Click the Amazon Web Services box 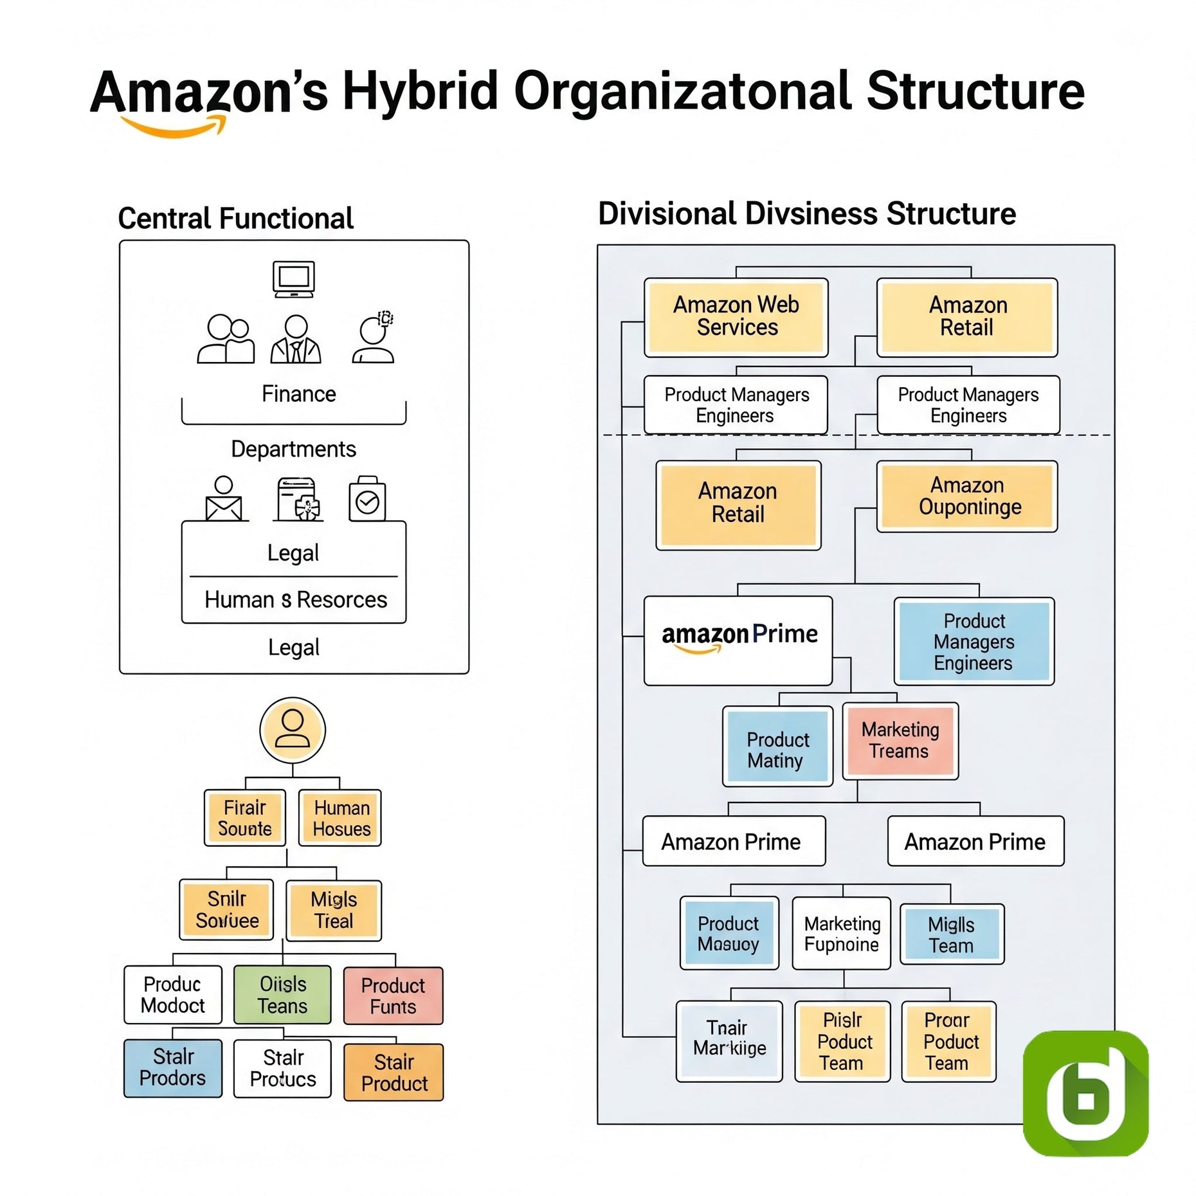point(736,316)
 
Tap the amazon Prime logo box point(738,640)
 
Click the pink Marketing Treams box point(900,741)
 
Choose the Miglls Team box point(951,934)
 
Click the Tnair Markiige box point(729,1041)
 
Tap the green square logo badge point(1085,1092)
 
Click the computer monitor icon point(293,279)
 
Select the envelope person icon point(224,499)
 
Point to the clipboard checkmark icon point(367,499)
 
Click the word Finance point(298,394)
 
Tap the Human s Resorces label point(295,600)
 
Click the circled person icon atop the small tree point(293,730)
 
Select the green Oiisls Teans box point(282,995)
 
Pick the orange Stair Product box point(394,1072)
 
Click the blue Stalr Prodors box point(172,1067)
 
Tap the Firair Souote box point(244,817)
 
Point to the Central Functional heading point(235,219)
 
